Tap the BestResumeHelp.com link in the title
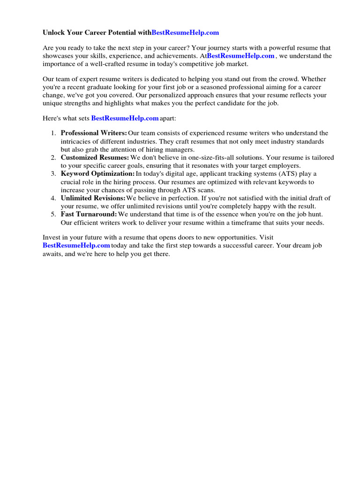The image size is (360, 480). pos(185,33)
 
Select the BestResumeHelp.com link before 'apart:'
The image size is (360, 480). pos(125,119)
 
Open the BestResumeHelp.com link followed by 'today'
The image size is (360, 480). pos(76,245)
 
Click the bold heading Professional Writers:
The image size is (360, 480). pos(94,133)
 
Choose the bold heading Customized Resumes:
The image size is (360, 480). pos(95,157)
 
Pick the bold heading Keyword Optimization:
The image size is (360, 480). pos(97,173)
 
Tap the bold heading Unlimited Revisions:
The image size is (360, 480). pos(93,198)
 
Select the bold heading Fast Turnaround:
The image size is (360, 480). pos(89,214)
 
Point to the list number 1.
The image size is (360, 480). pos(53,133)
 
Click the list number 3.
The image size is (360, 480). pos(53,173)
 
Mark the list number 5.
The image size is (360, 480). pos(53,214)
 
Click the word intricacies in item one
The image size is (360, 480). pos(77,141)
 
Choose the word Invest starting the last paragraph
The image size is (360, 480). pos(52,237)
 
